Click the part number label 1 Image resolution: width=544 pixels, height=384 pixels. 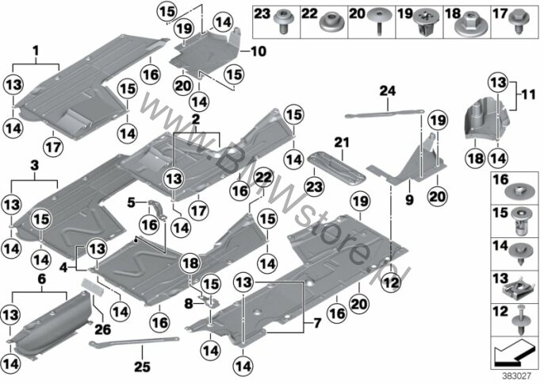point(36,52)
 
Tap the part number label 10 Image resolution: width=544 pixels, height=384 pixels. point(259,52)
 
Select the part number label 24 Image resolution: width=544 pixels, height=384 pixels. point(388,91)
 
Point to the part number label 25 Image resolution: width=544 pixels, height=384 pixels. point(142,367)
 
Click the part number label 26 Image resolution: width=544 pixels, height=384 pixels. point(103,329)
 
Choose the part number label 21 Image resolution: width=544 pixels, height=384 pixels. point(342,142)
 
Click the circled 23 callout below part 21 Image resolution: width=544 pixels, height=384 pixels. point(314,187)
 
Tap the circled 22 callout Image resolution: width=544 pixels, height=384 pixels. point(264,179)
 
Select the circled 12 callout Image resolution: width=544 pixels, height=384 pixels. point(391,283)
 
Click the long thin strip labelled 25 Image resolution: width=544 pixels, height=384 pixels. point(134,341)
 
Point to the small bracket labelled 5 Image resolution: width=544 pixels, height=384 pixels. point(159,209)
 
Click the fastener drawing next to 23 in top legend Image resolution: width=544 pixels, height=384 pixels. point(285,21)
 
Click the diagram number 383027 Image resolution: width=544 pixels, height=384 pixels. point(517,376)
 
